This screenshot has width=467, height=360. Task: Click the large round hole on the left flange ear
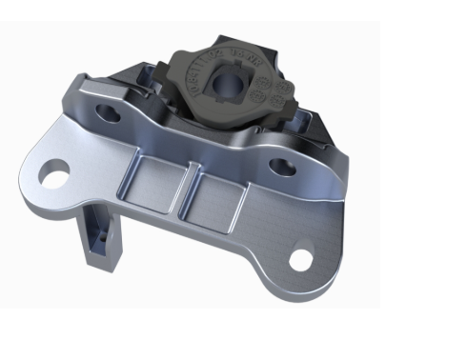point(56,174)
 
